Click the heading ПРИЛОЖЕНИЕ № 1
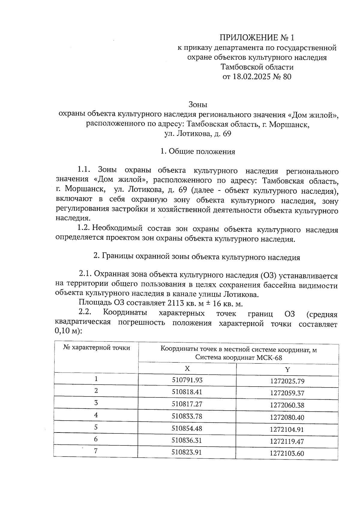[x=257, y=38]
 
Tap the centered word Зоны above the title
[x=198, y=105]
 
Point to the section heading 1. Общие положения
[x=198, y=151]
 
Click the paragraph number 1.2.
[x=84, y=228]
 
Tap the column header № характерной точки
[x=97, y=348]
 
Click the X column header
[x=187, y=368]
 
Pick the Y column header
[x=287, y=370]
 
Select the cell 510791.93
[x=187, y=380]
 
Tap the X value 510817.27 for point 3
[x=187, y=404]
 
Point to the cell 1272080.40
[x=287, y=417]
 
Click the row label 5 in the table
[x=96, y=427]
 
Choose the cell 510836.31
[x=187, y=440]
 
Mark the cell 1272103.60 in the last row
[x=287, y=454]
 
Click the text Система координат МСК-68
[x=238, y=358]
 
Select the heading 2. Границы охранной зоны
[x=197, y=257]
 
